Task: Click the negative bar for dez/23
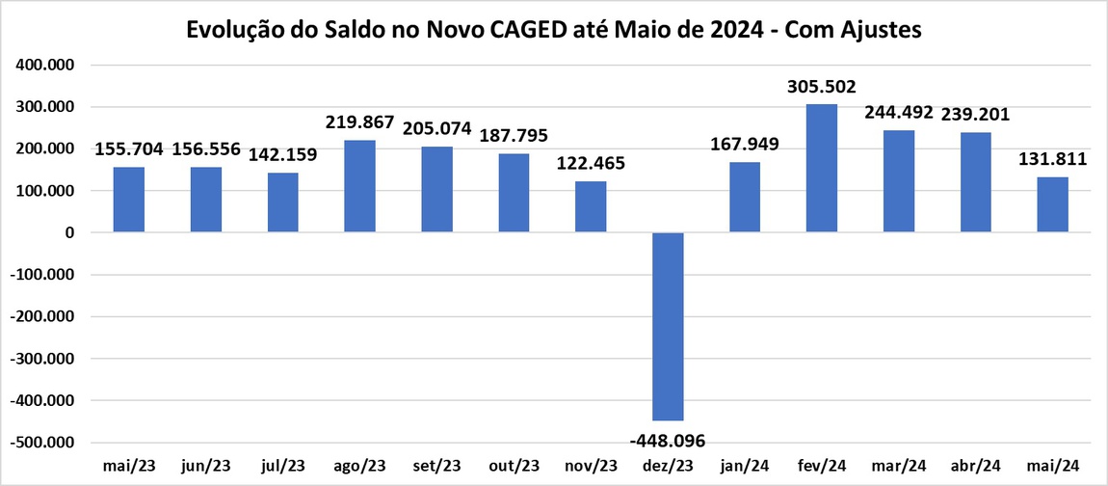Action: pyautogui.click(x=668, y=326)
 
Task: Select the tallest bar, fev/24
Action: pyautogui.click(x=822, y=168)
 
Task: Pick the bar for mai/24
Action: pyautogui.click(x=1053, y=204)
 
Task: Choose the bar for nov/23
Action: pyautogui.click(x=591, y=206)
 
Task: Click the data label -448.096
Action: pyautogui.click(x=668, y=441)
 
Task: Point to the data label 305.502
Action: pyautogui.click(x=822, y=87)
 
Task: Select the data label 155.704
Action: pyautogui.click(x=129, y=149)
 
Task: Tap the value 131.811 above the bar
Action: pyautogui.click(x=1053, y=159)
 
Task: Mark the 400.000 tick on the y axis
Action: pyautogui.click(x=46, y=66)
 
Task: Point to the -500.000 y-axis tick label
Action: pyautogui.click(x=44, y=443)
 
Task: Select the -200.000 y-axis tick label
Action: pyautogui.click(x=44, y=317)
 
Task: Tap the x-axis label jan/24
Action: pyautogui.click(x=745, y=466)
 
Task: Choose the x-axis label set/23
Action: pyautogui.click(x=436, y=466)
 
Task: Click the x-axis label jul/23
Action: pyautogui.click(x=282, y=466)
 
